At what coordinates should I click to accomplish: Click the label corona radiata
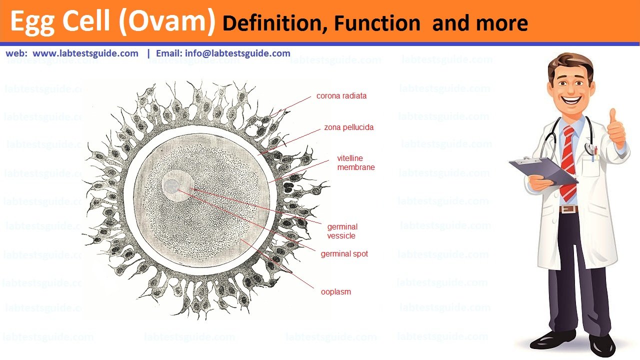click(341, 95)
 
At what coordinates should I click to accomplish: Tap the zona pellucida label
click(348, 127)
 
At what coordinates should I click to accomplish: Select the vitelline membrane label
click(355, 162)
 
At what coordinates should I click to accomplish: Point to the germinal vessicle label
click(342, 231)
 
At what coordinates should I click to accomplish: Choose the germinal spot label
click(344, 253)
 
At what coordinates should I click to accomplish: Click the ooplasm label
click(335, 291)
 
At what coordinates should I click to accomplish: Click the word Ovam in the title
click(167, 21)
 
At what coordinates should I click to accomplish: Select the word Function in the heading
click(377, 23)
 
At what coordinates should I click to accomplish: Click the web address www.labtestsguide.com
click(85, 53)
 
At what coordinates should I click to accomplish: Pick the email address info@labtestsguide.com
click(237, 53)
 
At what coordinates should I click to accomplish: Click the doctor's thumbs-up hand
click(616, 128)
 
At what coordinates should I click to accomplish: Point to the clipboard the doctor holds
click(543, 171)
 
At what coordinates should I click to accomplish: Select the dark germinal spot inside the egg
click(171, 186)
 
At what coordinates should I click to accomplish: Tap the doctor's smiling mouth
click(571, 100)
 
